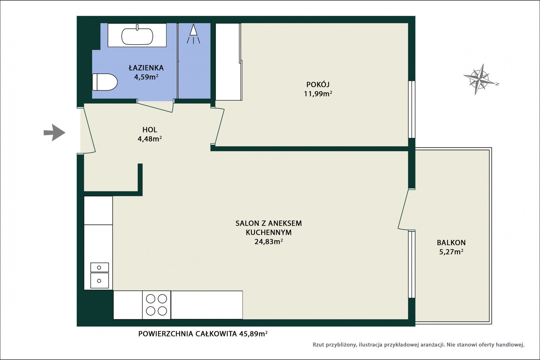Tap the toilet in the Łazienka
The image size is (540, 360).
[105, 82]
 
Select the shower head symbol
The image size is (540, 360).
[193, 34]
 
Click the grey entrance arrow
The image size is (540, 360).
[54, 133]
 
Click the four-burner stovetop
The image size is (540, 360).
[157, 305]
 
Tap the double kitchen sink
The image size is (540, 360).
[99, 275]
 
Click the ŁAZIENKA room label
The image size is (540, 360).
[146, 68]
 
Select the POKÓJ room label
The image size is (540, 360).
[318, 85]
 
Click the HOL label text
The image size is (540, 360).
[150, 130]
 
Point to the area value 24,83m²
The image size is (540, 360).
[269, 242]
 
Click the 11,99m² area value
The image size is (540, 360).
[318, 94]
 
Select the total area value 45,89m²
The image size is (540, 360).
[253, 334]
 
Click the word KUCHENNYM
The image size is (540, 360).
[269, 232]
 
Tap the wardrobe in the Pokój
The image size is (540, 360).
[228, 62]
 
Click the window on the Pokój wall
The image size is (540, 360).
[412, 109]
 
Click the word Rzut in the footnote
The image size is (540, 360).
[318, 345]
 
